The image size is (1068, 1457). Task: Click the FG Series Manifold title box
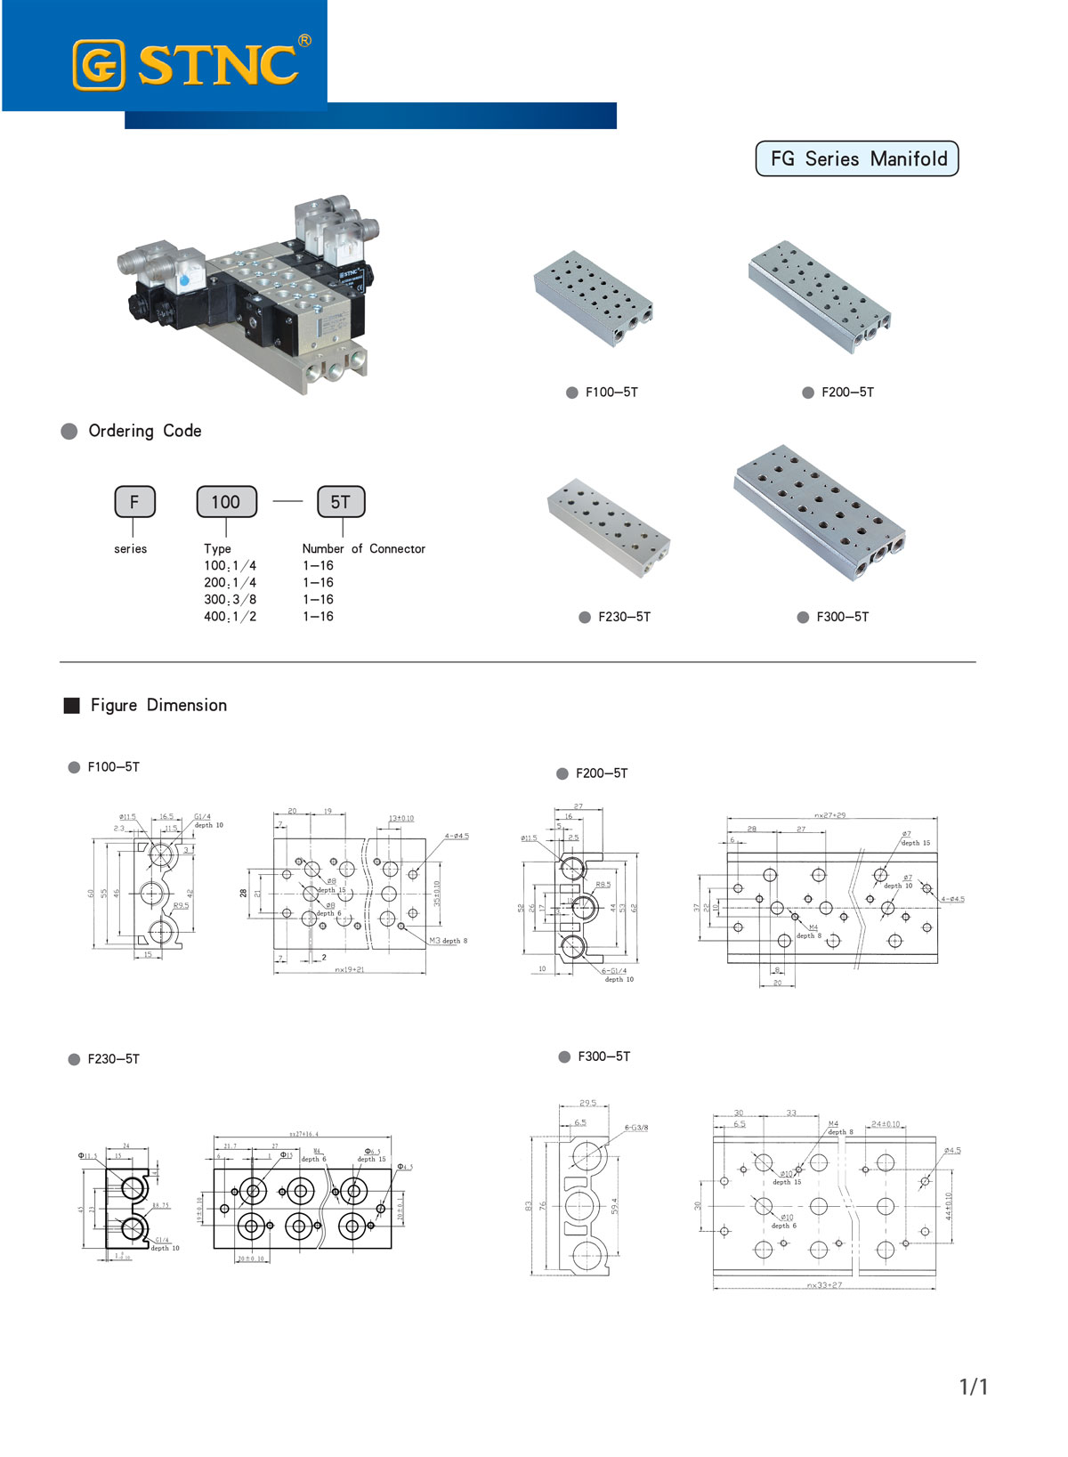pos(857,159)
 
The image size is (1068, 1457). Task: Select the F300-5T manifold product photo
pos(819,514)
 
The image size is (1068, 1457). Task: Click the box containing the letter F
pos(134,502)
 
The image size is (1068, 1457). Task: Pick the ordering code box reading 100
pos(226,502)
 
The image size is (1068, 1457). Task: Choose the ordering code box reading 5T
pos(341,502)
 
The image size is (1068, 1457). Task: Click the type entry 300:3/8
pos(230,600)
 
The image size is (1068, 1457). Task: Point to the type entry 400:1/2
pos(230,617)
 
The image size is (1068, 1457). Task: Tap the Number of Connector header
pos(363,549)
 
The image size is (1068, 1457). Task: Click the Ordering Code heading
pos(144,431)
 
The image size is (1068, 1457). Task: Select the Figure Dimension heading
pos(158,706)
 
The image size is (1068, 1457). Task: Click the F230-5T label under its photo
pos(624,617)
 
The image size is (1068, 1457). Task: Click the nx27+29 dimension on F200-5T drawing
pos(830,815)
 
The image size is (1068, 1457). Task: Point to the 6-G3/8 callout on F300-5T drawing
pos(636,1128)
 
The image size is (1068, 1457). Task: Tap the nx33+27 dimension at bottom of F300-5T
pos(824,1285)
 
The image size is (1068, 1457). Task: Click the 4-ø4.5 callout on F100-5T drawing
pos(457,837)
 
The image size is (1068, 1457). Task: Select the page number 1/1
pos(974,1387)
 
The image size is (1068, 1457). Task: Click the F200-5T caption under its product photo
pos(847,393)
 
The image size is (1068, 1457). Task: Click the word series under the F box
pos(131,549)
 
